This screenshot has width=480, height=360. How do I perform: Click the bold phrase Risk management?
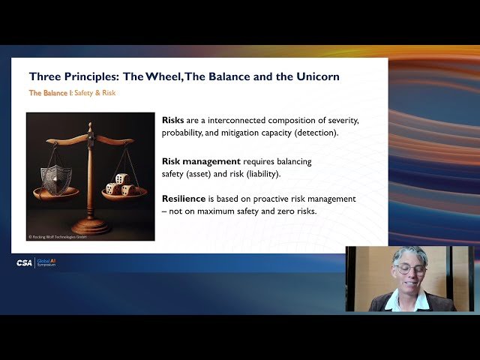click(202, 161)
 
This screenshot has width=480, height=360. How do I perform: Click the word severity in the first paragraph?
click(340, 121)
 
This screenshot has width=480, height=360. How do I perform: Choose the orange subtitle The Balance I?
click(48, 93)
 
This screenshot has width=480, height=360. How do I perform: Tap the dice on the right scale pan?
click(121, 184)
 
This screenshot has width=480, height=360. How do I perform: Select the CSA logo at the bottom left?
click(25, 263)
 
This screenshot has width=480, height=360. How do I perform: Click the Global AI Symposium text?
click(46, 263)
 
